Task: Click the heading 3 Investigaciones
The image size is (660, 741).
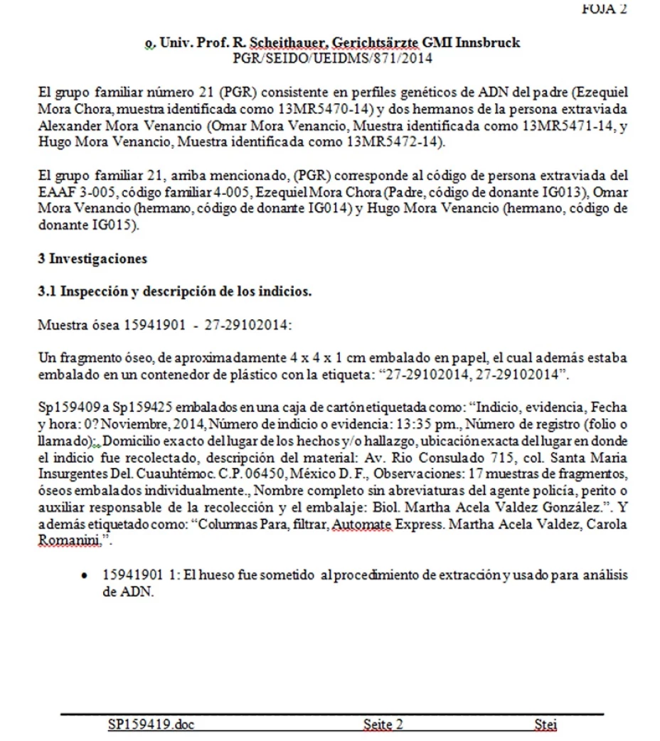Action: tap(92, 259)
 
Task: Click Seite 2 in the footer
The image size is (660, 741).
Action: tap(383, 725)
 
